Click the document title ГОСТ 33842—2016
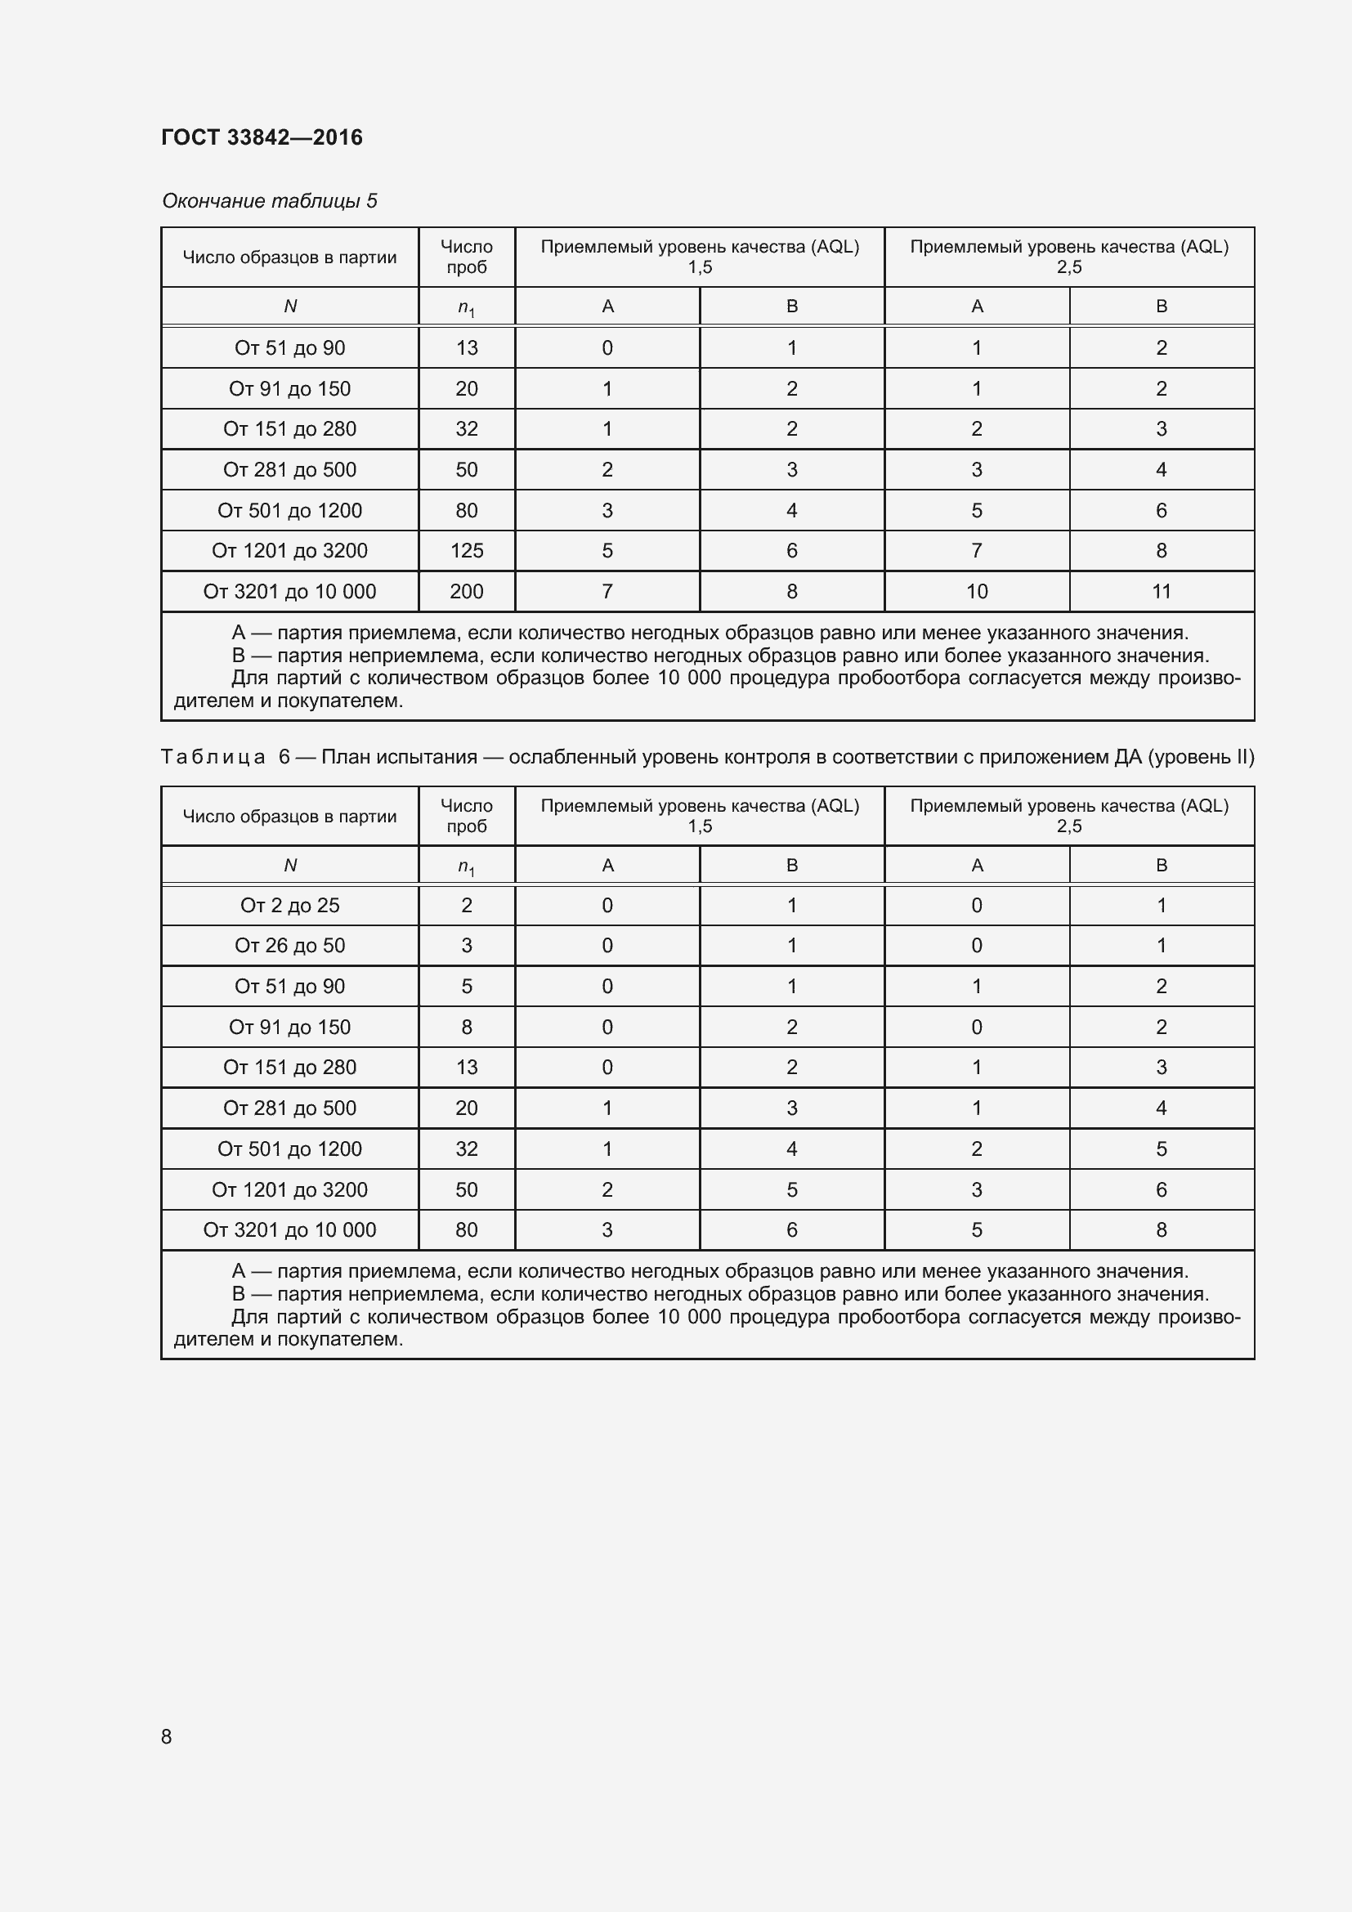pyautogui.click(x=262, y=137)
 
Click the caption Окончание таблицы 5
pyautogui.click(x=269, y=201)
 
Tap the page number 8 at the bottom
pyautogui.click(x=167, y=1736)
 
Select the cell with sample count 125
pyautogui.click(x=466, y=550)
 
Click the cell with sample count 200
pyautogui.click(x=466, y=591)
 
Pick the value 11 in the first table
pyautogui.click(x=1162, y=591)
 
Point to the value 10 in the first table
pyautogui.click(x=977, y=591)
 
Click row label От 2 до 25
pyautogui.click(x=289, y=905)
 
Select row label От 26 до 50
pyautogui.click(x=289, y=945)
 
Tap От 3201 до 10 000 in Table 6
pyautogui.click(x=289, y=1229)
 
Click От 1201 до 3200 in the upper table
pyautogui.click(x=289, y=550)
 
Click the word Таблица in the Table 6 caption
pyautogui.click(x=213, y=757)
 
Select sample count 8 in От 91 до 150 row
pyautogui.click(x=466, y=1027)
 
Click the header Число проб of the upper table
pyautogui.click(x=466, y=257)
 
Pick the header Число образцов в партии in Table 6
pyautogui.click(x=289, y=816)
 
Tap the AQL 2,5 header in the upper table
pyautogui.click(x=1069, y=257)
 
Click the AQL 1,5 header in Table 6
pyautogui.click(x=700, y=816)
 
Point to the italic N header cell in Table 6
pyautogui.click(x=289, y=865)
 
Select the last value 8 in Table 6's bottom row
pyautogui.click(x=1162, y=1229)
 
